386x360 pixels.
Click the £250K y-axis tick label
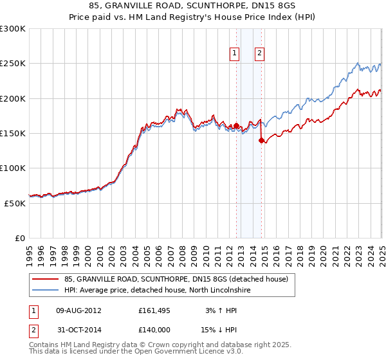point(12,64)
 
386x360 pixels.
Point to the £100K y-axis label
point(12,168)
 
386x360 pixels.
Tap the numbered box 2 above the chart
point(259,54)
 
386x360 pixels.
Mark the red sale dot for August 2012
point(236,125)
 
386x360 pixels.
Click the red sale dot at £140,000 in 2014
point(262,140)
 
